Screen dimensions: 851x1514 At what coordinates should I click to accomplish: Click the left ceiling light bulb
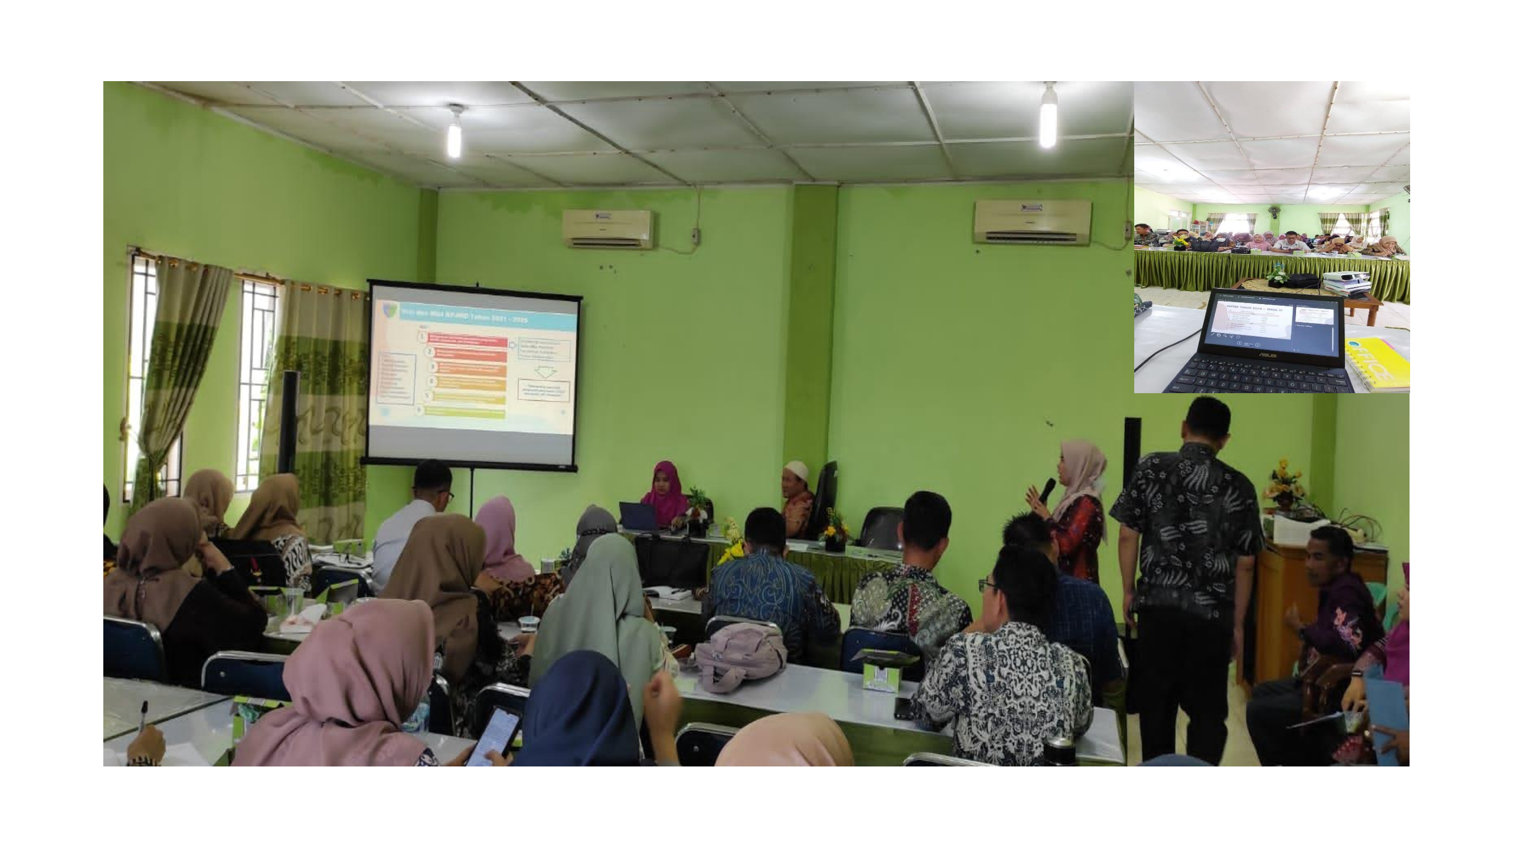tap(454, 138)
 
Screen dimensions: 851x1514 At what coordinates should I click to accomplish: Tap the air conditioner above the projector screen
tap(608, 229)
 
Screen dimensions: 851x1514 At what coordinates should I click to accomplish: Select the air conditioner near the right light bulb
tap(1032, 222)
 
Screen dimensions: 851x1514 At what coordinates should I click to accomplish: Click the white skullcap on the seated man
tap(796, 467)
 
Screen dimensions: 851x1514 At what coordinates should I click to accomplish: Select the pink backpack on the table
tap(740, 656)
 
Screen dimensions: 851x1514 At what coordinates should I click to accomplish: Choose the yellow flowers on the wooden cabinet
tap(1284, 478)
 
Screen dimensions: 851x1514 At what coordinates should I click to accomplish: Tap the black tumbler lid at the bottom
tap(1060, 744)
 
